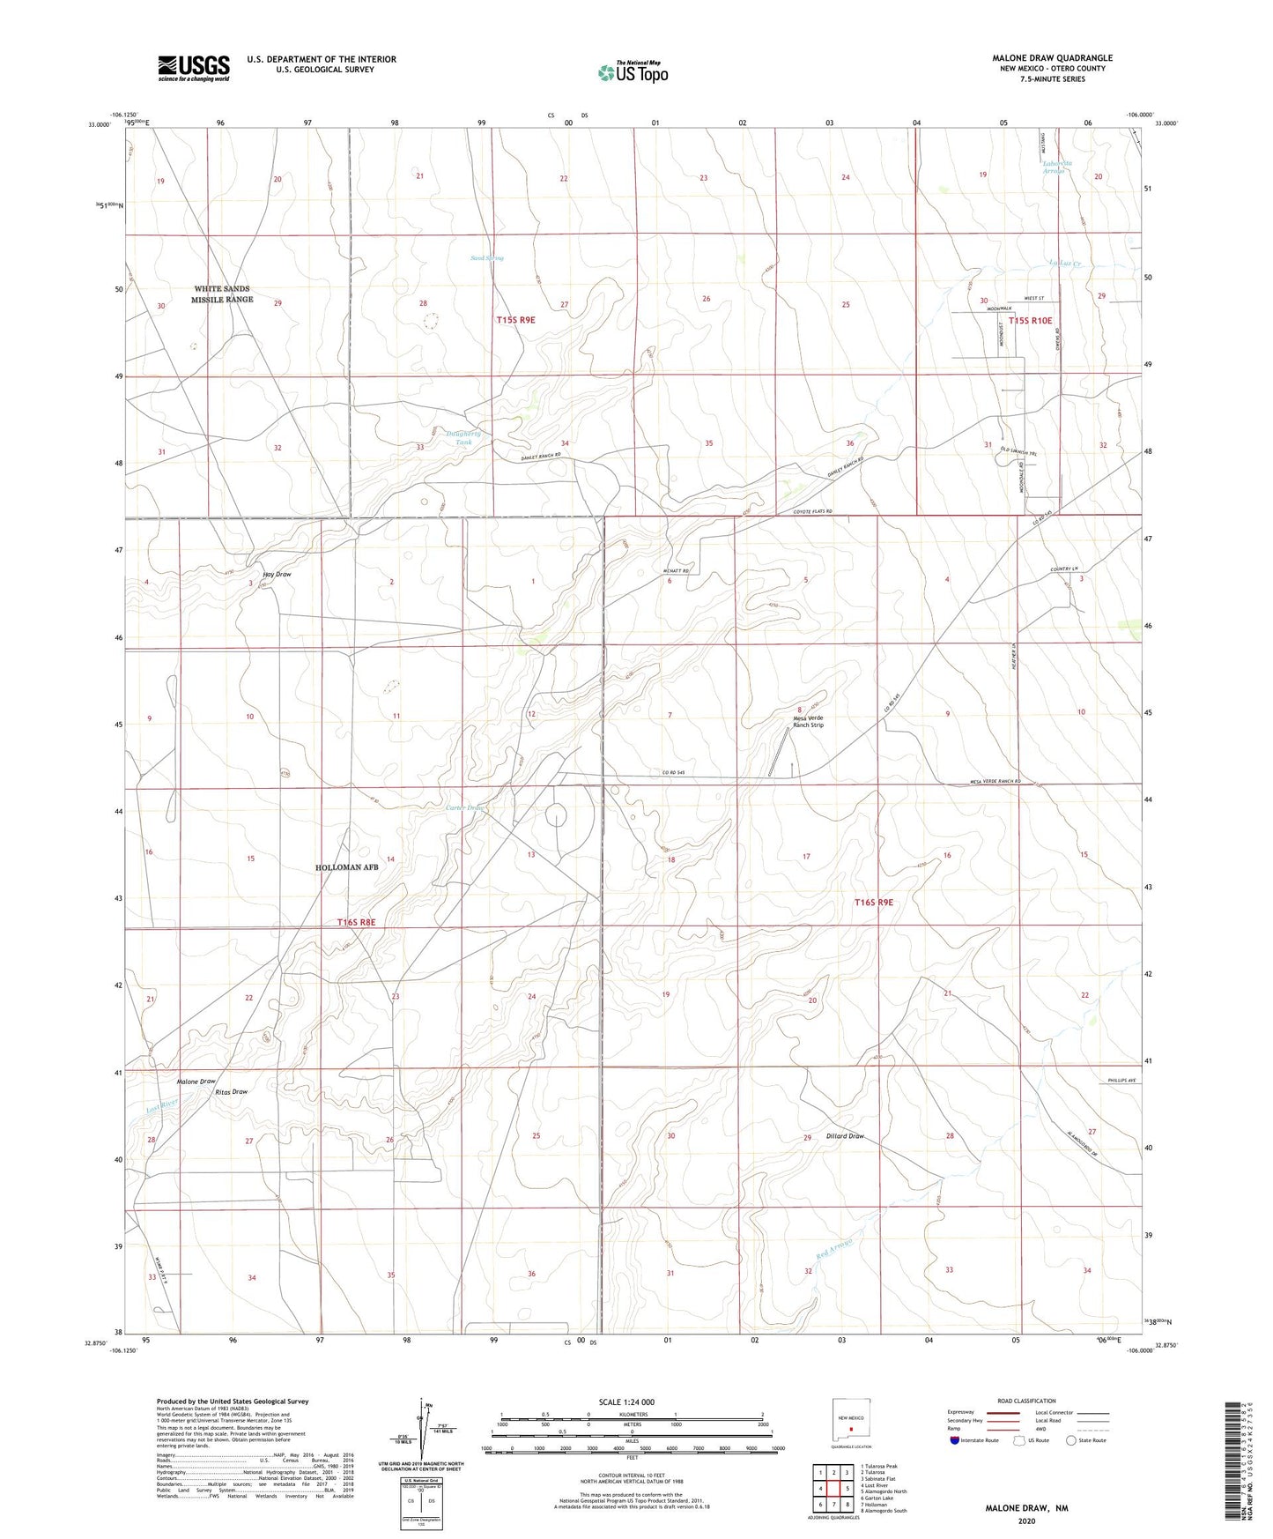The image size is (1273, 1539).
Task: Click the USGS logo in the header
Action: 194,68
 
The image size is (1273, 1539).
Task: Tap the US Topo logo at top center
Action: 632,71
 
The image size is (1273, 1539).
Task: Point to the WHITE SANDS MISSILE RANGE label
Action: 222,294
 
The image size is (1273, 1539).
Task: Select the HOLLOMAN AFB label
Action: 346,867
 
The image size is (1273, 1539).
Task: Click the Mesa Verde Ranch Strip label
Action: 808,721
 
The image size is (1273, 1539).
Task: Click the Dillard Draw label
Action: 844,1136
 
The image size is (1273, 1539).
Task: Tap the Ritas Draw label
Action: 232,1092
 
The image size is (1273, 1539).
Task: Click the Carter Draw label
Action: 464,807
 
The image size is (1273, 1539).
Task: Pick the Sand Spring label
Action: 486,258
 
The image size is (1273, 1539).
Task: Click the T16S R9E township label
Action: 873,902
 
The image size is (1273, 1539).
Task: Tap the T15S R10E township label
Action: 1031,321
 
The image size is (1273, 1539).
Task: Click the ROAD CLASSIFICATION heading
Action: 1026,1401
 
